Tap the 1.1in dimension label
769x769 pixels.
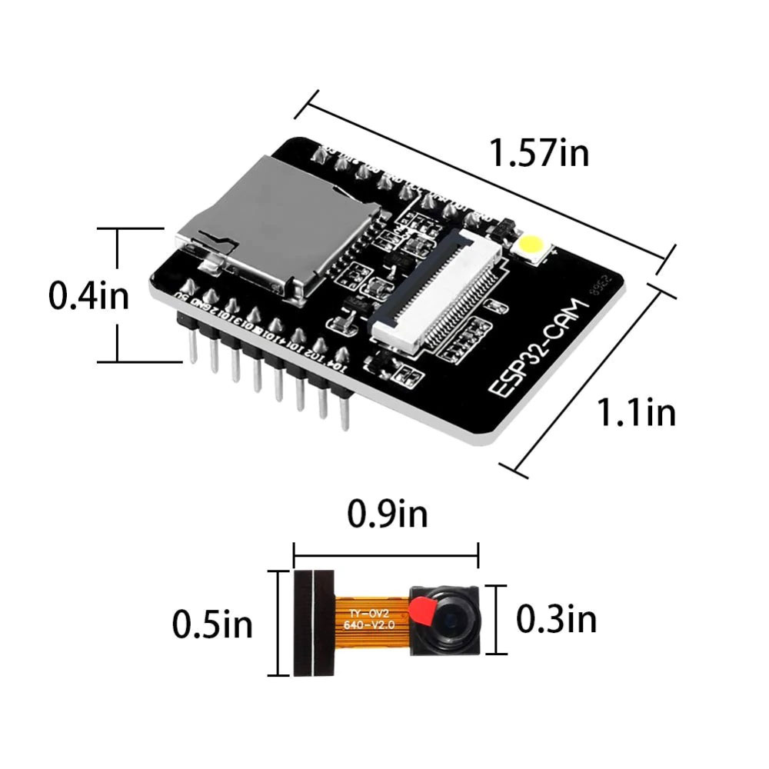[637, 413]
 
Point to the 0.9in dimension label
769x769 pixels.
[387, 514]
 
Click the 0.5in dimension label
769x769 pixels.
[212, 624]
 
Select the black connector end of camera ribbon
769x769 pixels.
[314, 623]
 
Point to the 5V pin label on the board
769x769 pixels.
[182, 293]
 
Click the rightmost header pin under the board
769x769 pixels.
[344, 408]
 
